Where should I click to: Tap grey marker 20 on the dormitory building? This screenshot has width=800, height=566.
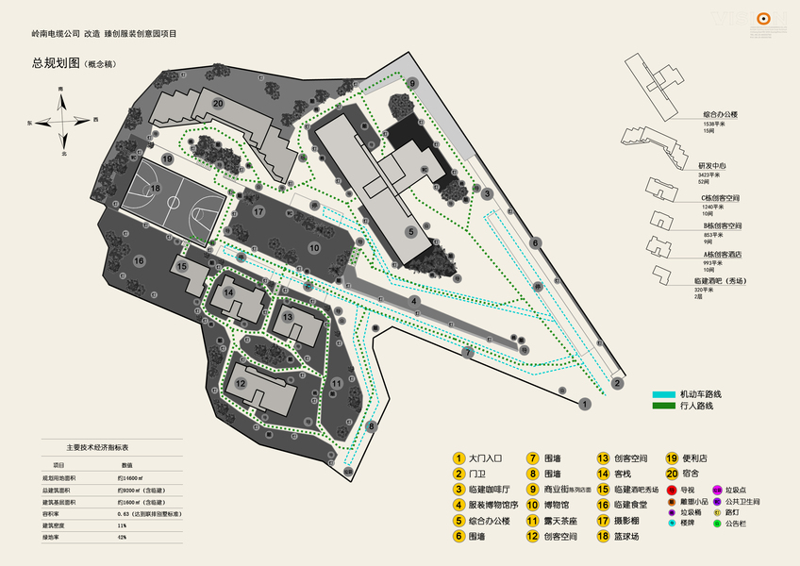218,103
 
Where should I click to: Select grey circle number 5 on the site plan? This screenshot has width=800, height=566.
410,231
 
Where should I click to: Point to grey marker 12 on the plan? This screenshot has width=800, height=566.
242,383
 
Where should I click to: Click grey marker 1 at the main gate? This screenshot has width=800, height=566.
586,404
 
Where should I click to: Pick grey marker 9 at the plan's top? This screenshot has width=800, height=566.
412,83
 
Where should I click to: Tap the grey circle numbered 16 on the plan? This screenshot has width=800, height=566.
139,260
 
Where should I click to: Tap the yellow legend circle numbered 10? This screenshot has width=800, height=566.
534,506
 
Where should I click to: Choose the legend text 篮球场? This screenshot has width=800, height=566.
625,537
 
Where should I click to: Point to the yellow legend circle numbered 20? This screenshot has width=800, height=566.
672,474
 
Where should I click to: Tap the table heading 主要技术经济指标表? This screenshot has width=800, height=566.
104,446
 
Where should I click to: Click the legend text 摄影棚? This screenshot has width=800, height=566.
625,521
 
